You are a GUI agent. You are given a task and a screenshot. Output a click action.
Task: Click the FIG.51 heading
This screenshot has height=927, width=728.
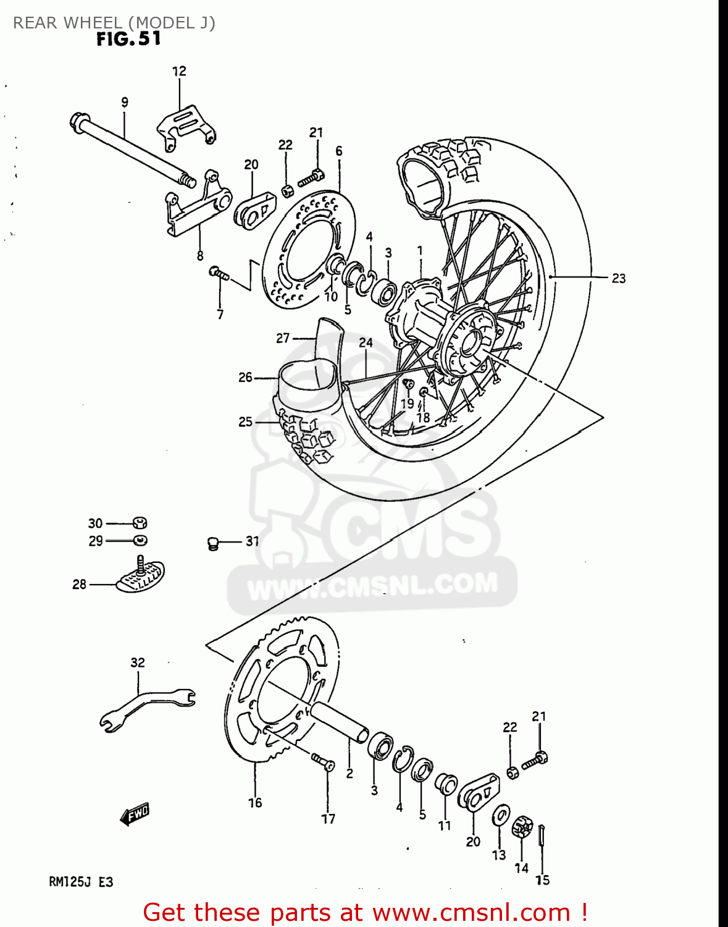coord(128,39)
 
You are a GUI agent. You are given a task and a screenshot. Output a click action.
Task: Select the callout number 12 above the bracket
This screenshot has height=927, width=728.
coord(179,71)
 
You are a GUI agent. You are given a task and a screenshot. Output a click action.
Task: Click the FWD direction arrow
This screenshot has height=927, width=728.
coord(135,814)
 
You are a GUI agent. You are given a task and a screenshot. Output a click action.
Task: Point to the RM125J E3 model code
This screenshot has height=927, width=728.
coord(81,882)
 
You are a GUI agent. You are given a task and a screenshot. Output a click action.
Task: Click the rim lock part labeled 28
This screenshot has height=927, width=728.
coord(141,577)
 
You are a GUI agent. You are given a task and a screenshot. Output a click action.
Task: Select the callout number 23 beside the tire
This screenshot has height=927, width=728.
coord(618,278)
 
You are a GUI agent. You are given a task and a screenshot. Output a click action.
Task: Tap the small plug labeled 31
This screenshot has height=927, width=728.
coord(213,543)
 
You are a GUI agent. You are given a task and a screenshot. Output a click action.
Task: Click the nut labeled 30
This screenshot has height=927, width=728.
coord(140,523)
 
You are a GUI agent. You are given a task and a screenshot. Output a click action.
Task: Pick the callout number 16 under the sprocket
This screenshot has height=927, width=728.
coord(255,802)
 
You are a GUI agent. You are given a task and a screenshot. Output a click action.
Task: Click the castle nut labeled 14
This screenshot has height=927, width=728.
coord(522,828)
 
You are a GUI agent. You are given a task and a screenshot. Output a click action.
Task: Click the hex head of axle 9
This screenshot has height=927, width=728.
coord(78,121)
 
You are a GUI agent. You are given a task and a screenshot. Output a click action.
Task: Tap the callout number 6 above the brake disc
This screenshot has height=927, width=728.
coord(339,151)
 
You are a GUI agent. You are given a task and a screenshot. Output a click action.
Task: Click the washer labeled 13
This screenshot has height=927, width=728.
coord(501,816)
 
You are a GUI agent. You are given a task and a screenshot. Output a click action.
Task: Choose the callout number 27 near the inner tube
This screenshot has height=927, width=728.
coord(283,338)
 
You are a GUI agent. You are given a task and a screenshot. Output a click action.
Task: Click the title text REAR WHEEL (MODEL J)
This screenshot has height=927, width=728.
coord(114,23)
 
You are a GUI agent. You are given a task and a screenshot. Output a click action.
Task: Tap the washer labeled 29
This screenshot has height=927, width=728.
coord(141,541)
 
